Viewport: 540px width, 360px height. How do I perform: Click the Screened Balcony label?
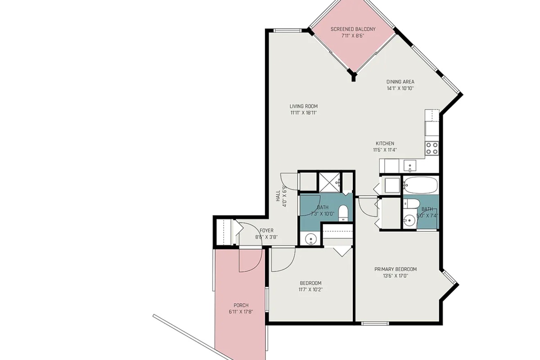[353, 29]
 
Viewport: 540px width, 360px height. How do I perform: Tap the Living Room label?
[303, 106]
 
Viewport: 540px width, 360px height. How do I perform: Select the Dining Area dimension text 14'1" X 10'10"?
[400, 88]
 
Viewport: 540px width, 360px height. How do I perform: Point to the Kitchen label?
[385, 144]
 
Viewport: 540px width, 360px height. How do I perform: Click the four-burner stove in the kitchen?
[432, 148]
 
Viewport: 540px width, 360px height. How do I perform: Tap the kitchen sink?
[410, 166]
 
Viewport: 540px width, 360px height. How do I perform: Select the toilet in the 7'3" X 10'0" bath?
[343, 213]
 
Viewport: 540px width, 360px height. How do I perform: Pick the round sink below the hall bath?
[311, 239]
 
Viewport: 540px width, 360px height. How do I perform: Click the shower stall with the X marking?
[329, 182]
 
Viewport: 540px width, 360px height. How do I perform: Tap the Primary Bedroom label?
[396, 269]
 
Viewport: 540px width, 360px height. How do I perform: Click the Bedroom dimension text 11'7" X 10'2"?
[310, 290]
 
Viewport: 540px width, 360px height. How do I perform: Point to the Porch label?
[241, 305]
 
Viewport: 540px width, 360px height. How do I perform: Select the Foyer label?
[266, 230]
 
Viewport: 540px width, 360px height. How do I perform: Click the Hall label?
[278, 196]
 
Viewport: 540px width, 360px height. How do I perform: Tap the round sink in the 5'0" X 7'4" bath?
[409, 220]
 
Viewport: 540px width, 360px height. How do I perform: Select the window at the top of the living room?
[288, 31]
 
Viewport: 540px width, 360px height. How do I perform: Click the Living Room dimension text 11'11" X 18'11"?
[303, 112]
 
